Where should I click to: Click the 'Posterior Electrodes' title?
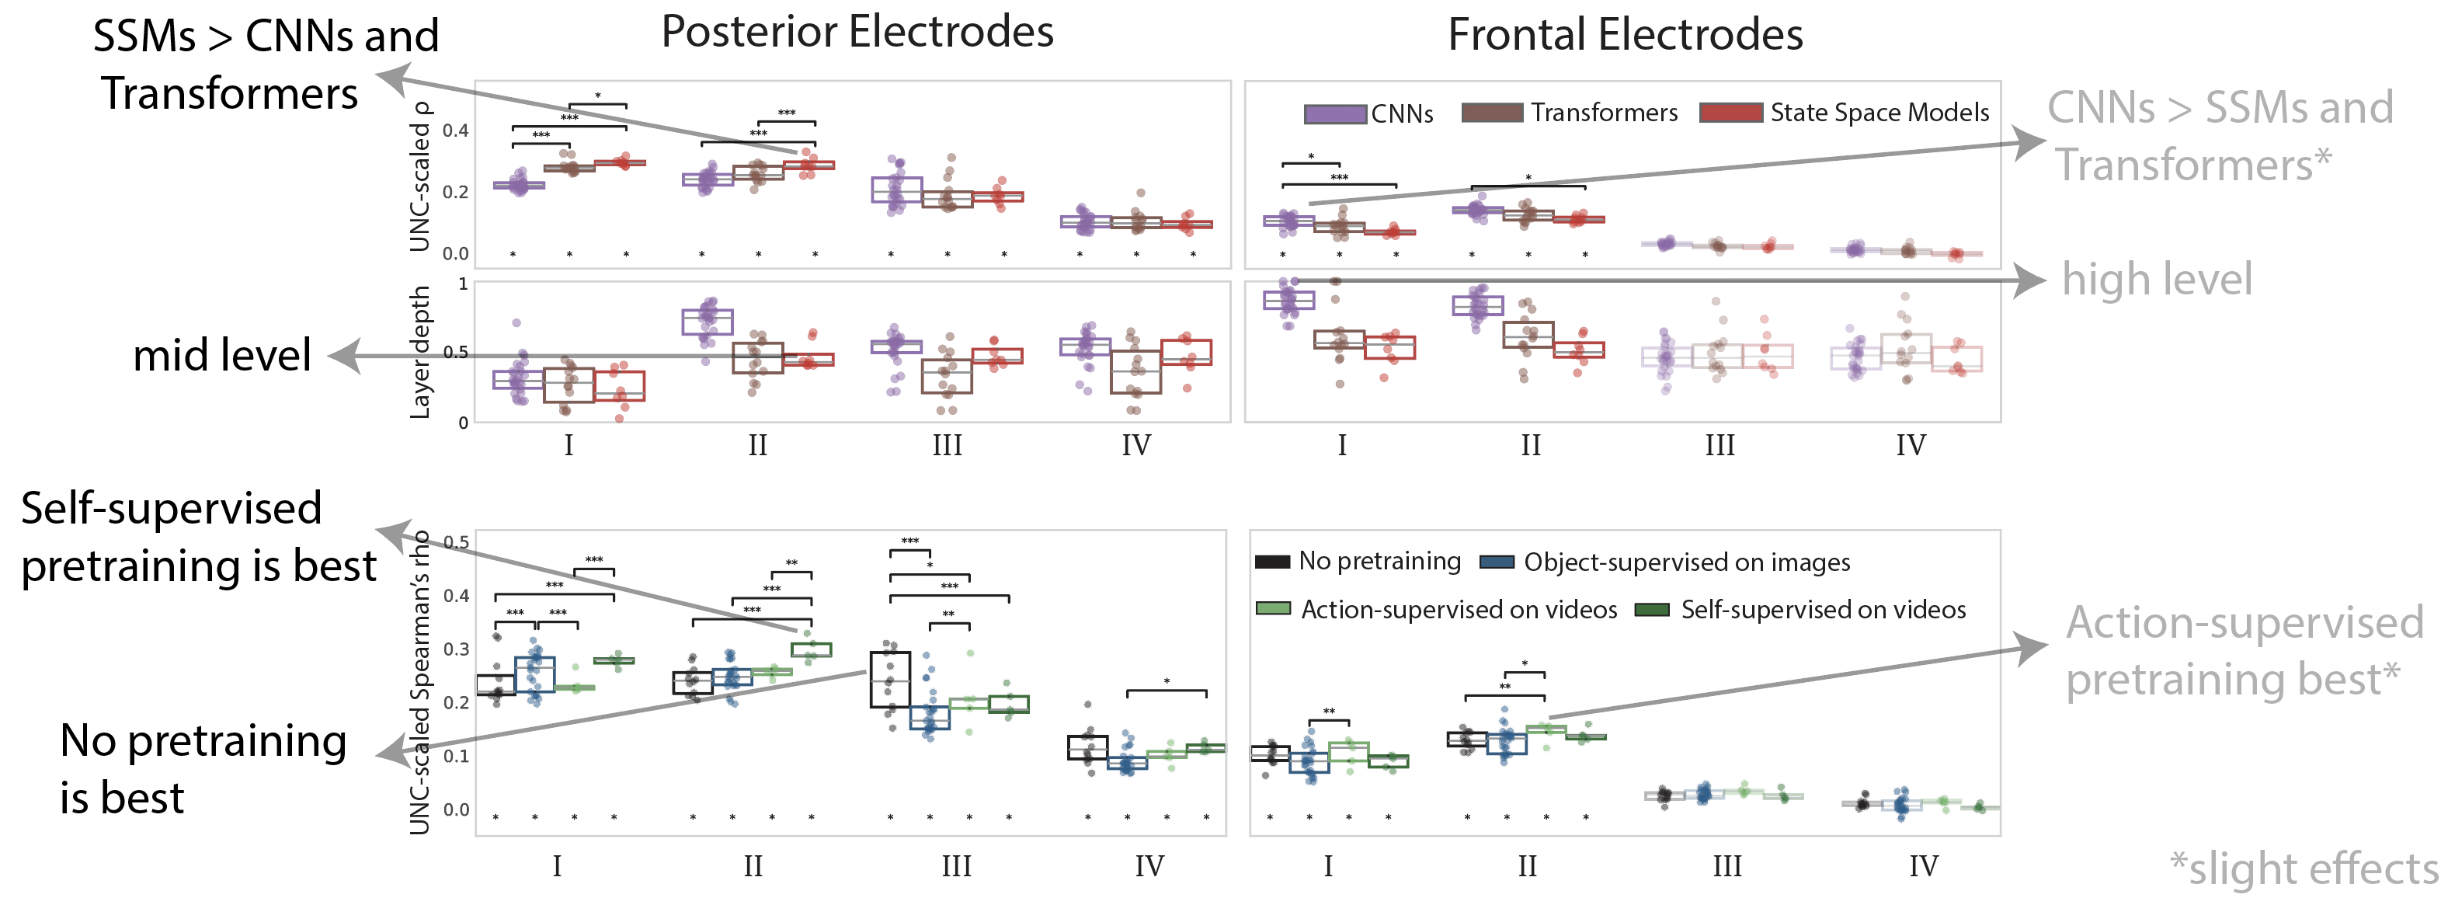[857, 33]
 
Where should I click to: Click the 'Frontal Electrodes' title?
[1625, 36]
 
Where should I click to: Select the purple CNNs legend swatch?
[1335, 114]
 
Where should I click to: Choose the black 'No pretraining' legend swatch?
[1271, 562]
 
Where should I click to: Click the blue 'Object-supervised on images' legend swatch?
[1497, 562]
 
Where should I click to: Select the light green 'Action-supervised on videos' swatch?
[1272, 609]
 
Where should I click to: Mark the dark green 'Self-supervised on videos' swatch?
[1652, 609]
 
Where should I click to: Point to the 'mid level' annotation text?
[221, 356]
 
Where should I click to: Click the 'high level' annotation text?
[2158, 280]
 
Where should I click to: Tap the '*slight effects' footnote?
[2304, 868]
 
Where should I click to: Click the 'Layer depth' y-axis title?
[419, 353]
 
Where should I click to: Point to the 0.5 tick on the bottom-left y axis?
[456, 542]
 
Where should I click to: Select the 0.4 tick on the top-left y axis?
[455, 131]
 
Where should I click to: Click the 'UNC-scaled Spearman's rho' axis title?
[419, 682]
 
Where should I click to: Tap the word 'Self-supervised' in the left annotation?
[171, 508]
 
